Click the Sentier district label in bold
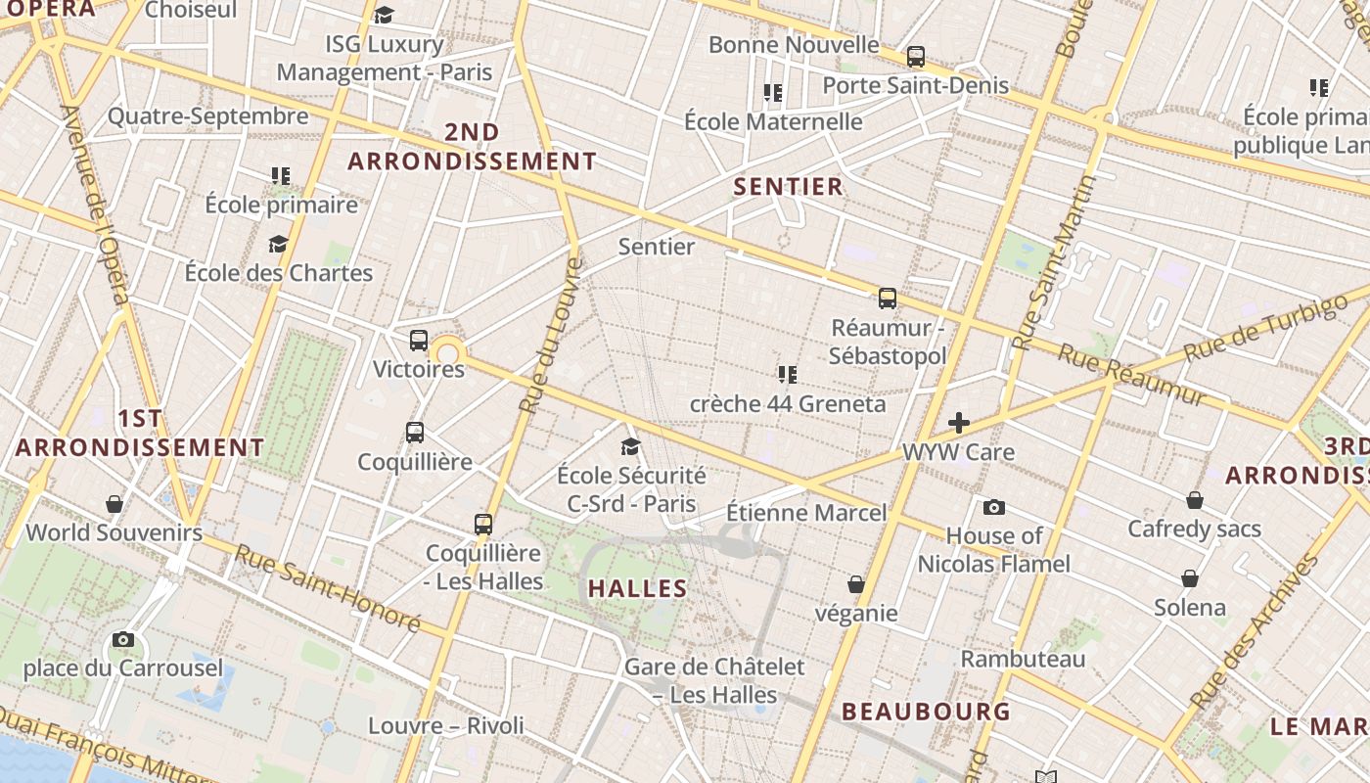point(788,187)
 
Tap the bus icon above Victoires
point(419,341)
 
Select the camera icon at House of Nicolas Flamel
point(994,507)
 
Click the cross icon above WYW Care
point(959,423)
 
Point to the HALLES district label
point(637,589)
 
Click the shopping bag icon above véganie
point(856,584)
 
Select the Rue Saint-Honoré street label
point(327,587)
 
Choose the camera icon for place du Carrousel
point(123,640)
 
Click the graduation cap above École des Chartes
point(279,244)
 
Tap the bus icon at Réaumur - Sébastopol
point(888,299)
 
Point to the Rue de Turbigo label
point(1263,326)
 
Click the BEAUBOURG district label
point(926,712)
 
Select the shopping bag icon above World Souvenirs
point(114,504)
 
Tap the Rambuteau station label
point(1023,659)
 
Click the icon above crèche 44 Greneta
point(788,375)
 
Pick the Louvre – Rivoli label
point(446,726)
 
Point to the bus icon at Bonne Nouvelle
point(916,57)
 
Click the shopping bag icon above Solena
point(1190,578)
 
